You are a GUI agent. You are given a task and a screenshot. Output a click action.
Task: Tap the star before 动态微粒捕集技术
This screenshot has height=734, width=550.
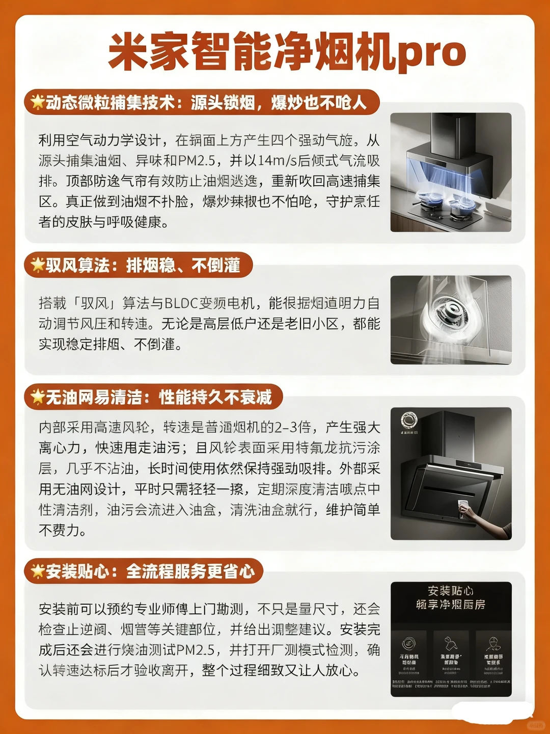click(37, 102)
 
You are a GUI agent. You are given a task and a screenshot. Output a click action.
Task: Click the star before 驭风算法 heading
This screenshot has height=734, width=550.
click(37, 265)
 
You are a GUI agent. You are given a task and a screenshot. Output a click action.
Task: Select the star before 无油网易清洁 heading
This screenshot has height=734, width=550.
click(37, 397)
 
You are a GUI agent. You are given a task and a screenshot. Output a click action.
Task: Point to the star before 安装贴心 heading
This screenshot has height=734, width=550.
click(37, 570)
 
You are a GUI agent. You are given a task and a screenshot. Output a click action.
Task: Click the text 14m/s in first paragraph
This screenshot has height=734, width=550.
click(277, 161)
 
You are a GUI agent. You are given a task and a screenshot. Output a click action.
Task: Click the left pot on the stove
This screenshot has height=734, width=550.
click(427, 200)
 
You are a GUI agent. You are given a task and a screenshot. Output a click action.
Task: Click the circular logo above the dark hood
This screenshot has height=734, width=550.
click(408, 420)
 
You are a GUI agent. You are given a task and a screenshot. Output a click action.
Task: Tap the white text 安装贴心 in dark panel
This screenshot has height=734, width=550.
click(450, 591)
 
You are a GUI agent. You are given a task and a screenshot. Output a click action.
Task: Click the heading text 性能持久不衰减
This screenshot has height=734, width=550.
click(215, 397)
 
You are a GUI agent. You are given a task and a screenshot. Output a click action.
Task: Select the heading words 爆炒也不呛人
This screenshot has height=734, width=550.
click(319, 102)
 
